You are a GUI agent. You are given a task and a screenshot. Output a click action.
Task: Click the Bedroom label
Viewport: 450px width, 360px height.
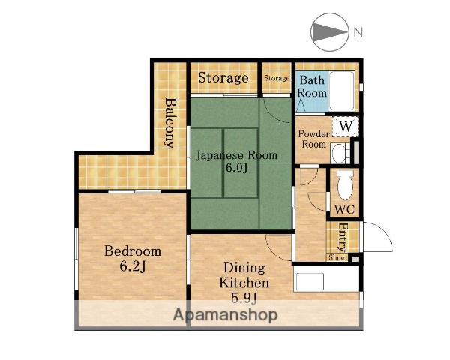point(133,251)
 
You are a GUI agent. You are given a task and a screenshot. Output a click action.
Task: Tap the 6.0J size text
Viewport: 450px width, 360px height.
point(236,168)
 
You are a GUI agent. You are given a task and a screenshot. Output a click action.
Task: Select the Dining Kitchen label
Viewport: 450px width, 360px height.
point(244,275)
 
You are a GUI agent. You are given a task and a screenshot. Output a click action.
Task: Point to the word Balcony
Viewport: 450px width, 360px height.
point(170,123)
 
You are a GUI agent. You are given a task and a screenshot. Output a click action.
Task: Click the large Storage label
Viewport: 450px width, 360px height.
point(223,78)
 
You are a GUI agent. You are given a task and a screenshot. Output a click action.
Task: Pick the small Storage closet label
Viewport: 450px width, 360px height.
point(277,78)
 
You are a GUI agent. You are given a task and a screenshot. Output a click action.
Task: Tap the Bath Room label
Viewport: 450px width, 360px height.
point(312,86)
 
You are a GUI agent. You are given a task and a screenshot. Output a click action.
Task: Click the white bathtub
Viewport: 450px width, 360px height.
point(342,91)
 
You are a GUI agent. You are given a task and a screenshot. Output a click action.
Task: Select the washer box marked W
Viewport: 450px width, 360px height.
point(346,127)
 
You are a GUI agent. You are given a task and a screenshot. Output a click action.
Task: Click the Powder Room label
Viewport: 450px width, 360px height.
point(314,139)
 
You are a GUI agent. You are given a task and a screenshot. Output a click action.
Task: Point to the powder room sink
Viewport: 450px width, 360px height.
point(339,153)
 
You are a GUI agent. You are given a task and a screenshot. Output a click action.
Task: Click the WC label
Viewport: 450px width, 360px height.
point(345,210)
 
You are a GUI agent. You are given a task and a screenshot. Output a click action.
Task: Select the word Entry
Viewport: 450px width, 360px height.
point(343,237)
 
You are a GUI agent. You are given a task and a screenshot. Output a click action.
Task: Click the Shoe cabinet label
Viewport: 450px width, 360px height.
point(337,257)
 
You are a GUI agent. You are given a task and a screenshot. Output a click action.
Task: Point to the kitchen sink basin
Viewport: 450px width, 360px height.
point(310,282)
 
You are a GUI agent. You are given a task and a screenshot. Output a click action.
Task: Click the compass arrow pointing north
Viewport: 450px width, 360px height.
point(329,32)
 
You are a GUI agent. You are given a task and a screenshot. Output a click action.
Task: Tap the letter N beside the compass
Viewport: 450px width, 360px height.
point(358,32)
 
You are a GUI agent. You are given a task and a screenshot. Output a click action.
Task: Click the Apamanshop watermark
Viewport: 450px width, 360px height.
point(225,315)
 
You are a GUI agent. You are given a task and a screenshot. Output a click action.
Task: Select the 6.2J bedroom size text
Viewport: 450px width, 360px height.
point(133,266)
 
